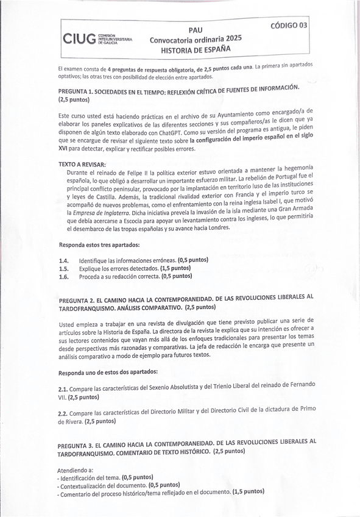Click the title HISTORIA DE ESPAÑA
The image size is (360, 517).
pyautogui.click(x=196, y=51)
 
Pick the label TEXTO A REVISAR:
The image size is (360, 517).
pyautogui.click(x=82, y=165)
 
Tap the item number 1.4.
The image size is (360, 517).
pyautogui.click(x=62, y=261)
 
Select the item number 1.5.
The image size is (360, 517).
pyautogui.click(x=62, y=268)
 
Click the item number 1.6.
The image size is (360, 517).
pyautogui.click(x=62, y=276)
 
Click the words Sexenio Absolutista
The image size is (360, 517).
pyautogui.click(x=171, y=387)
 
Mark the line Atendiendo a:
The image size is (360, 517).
pyautogui.click(x=76, y=471)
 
